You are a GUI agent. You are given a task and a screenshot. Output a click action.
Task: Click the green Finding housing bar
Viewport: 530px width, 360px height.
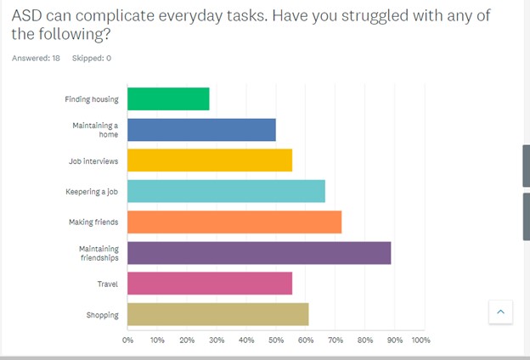168,99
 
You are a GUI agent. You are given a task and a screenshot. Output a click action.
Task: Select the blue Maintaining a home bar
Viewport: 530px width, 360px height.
201,130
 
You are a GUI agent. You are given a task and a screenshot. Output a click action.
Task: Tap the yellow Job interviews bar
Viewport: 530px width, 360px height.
210,160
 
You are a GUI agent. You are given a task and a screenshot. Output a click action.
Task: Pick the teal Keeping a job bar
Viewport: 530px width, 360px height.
226,191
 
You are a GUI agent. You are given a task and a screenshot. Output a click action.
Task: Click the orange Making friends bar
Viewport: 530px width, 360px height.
234,222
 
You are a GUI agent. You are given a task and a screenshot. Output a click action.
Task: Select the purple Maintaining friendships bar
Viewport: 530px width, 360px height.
259,253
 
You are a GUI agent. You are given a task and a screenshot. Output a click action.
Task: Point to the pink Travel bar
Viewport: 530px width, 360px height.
210,284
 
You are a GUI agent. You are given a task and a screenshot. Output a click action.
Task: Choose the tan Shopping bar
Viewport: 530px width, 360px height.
218,314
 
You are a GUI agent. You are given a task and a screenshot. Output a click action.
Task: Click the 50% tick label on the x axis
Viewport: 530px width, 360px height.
276,340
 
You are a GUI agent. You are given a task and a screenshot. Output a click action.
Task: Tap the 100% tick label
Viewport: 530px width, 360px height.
421,340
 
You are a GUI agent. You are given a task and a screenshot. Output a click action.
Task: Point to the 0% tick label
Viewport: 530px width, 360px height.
128,340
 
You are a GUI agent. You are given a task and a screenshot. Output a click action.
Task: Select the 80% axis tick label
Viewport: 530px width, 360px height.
365,340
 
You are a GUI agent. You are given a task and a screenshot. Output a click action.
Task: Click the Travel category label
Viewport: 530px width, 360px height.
107,284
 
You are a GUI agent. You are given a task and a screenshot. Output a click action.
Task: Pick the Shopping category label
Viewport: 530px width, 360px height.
102,315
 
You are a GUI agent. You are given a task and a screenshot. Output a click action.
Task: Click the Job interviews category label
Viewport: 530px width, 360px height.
93,160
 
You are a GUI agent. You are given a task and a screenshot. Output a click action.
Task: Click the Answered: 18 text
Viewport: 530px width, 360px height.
36,58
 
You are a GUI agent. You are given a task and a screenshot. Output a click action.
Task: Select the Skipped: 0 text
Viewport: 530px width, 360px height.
92,58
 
